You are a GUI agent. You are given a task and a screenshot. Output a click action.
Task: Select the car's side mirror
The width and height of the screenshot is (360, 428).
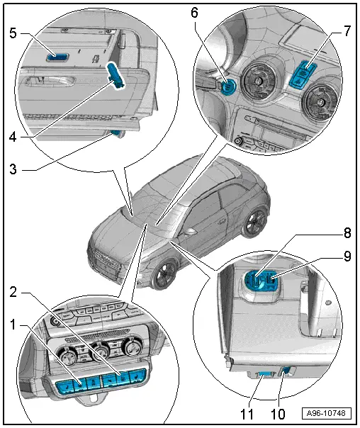[x=190, y=232]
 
